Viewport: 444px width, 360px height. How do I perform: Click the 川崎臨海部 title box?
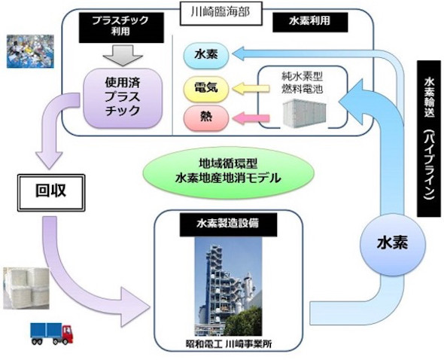point(220,14)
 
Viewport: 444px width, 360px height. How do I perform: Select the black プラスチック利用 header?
point(121,28)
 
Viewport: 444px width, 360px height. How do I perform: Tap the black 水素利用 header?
point(310,23)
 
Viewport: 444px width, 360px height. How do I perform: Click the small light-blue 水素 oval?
point(206,55)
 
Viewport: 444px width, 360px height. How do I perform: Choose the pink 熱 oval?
point(206,118)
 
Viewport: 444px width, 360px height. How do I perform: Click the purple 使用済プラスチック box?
point(123,98)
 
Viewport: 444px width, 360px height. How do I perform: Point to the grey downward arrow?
point(123,56)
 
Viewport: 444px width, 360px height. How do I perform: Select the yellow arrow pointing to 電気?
point(251,88)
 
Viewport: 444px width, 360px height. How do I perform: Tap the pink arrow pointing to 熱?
point(251,117)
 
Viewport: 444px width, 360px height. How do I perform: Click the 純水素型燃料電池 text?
point(302,83)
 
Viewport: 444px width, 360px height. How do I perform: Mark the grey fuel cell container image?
point(306,113)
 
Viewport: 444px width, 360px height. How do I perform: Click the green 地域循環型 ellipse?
point(228,172)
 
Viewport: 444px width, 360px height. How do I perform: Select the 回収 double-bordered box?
point(51,193)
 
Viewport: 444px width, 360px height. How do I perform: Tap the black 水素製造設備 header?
point(228,224)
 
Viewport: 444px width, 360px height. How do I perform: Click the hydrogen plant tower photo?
point(228,286)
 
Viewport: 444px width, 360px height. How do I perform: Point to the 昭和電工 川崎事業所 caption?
point(229,344)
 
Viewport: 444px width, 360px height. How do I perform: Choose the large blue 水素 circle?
point(393,244)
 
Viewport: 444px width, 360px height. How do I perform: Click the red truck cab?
point(68,334)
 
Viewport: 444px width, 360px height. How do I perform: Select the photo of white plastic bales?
point(26,288)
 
